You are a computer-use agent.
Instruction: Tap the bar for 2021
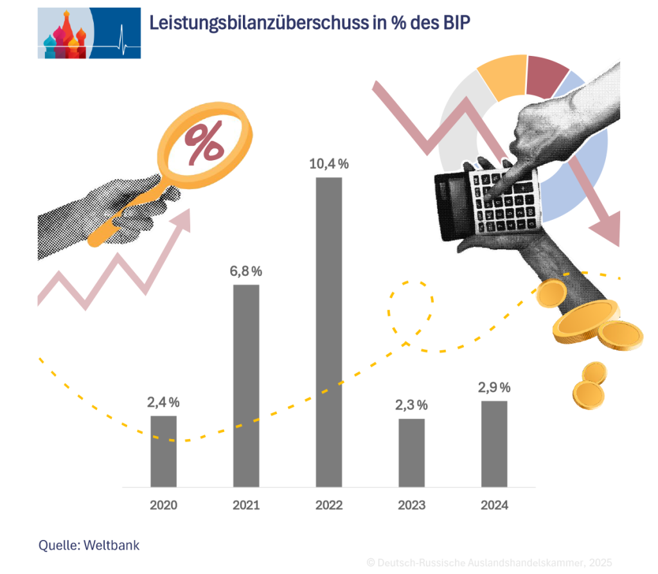[x=246, y=386]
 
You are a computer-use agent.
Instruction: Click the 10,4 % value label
[x=329, y=164]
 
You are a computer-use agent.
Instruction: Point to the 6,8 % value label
[x=246, y=271]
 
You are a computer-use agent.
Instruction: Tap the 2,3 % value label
[x=411, y=405]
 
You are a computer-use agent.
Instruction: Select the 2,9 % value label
[x=494, y=388]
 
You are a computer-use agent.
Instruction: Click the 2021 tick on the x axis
[x=246, y=505]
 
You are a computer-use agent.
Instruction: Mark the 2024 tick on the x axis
[x=494, y=505]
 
